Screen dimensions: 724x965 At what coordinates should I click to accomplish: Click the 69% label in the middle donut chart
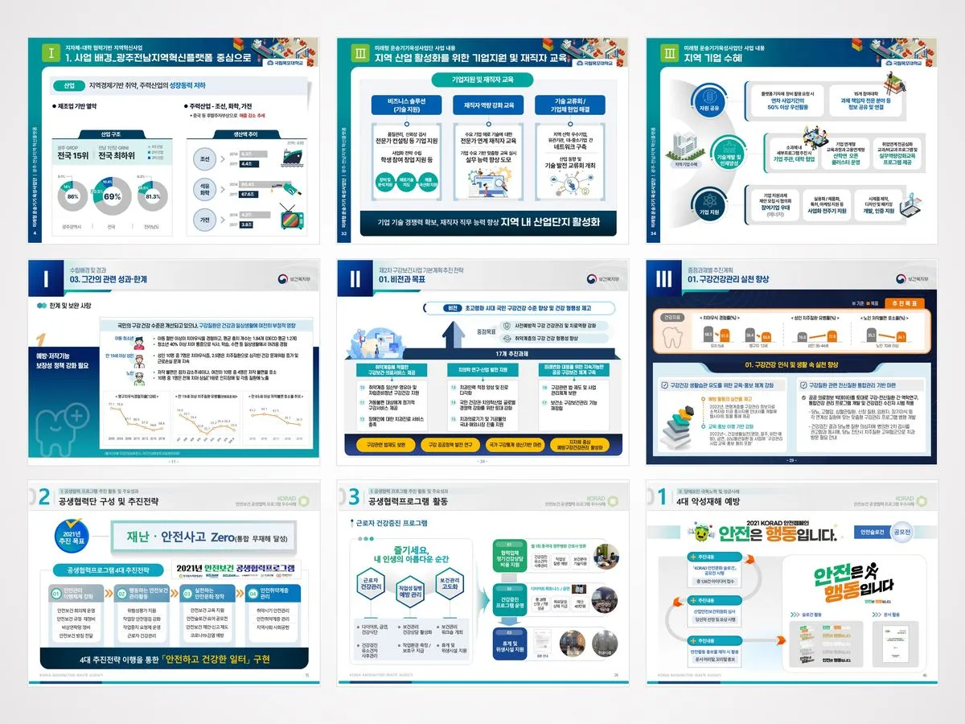click(x=113, y=195)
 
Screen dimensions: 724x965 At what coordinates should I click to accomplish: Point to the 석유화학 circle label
click(x=205, y=189)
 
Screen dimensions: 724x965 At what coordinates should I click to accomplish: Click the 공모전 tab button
click(x=903, y=532)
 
